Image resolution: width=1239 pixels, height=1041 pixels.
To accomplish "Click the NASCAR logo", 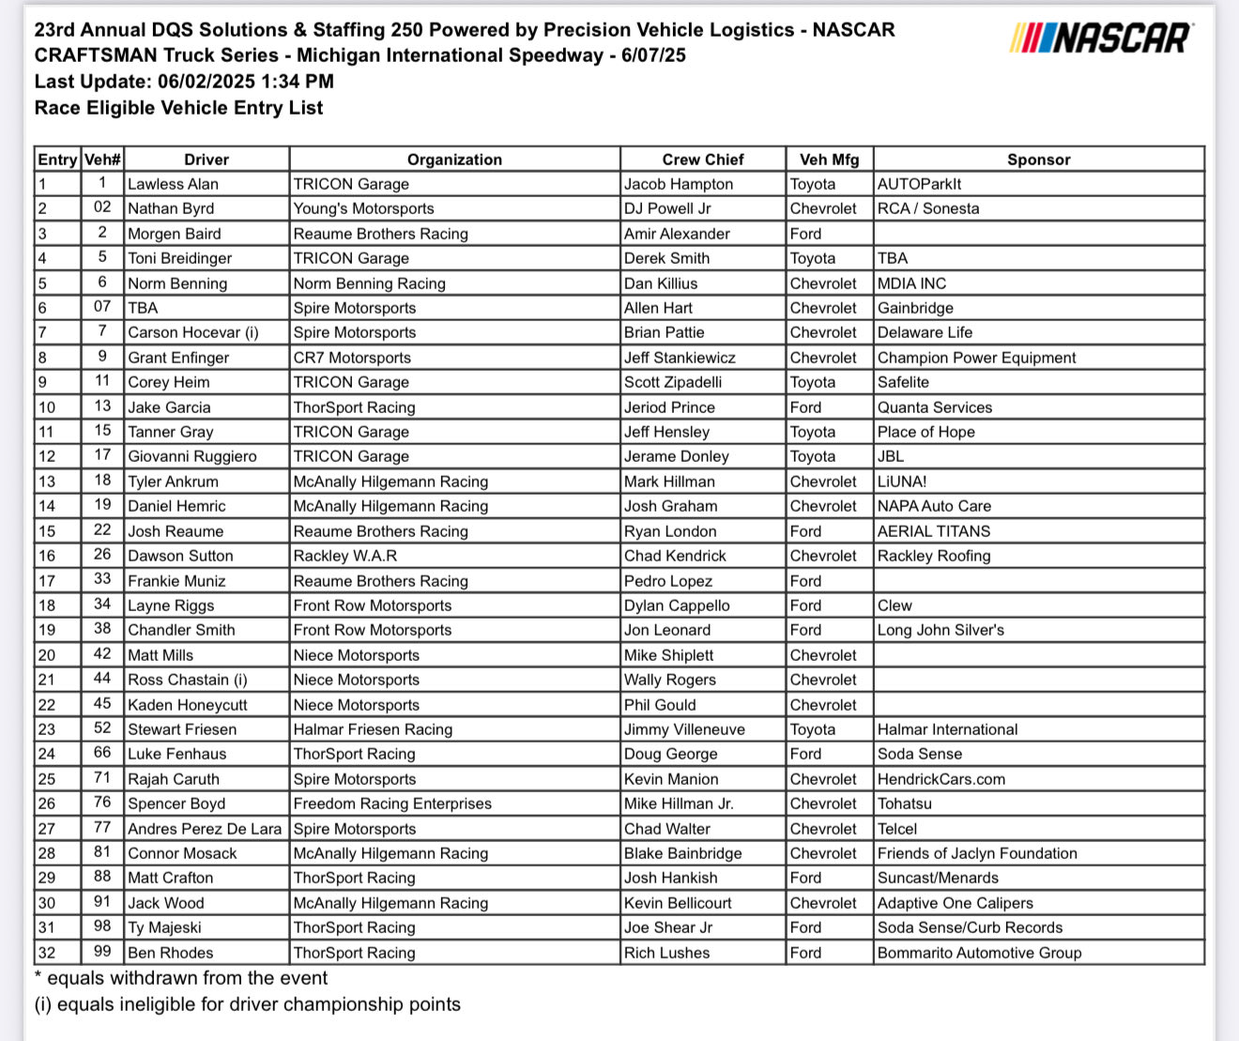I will pyautogui.click(x=1101, y=38).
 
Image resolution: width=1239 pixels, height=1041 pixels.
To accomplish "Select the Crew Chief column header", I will pyautogui.click(x=702, y=160).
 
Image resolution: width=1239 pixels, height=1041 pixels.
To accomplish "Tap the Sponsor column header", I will pyautogui.click(x=1038, y=160).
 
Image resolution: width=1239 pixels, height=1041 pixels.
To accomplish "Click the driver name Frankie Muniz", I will pyautogui.click(x=176, y=581).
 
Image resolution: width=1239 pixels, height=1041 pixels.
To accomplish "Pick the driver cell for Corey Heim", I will pyautogui.click(x=169, y=382).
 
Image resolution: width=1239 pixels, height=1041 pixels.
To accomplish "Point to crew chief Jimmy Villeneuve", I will pyautogui.click(x=684, y=729).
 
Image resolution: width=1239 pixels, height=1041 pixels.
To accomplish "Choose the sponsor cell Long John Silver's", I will pyautogui.click(x=941, y=630).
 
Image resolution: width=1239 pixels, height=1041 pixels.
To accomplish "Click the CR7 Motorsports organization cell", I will pyautogui.click(x=352, y=358).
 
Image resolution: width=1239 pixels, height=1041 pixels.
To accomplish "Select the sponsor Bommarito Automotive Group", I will pyautogui.click(x=979, y=953).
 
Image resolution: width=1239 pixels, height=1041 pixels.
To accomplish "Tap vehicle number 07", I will pyautogui.click(x=102, y=307).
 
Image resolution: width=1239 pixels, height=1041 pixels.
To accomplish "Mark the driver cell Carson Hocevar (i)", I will pyautogui.click(x=193, y=332).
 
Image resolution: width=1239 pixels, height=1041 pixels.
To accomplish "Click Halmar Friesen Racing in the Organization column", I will pyautogui.click(x=373, y=729).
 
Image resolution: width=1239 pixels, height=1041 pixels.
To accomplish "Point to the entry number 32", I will pyautogui.click(x=47, y=953).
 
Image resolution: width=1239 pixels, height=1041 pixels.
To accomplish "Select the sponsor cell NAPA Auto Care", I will pyautogui.click(x=934, y=506).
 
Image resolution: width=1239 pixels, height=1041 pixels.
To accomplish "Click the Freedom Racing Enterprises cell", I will pyautogui.click(x=392, y=804).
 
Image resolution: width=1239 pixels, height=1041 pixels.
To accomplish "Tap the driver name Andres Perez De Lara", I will pyautogui.click(x=205, y=829).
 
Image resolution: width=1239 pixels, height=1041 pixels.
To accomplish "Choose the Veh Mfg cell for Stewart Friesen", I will pyautogui.click(x=813, y=729).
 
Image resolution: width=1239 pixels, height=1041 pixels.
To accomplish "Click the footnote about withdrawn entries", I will pyautogui.click(x=181, y=978).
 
